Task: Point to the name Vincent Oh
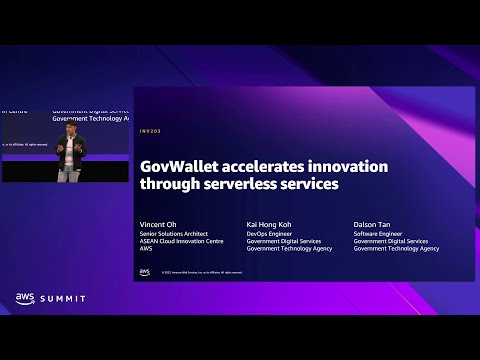pos(159,224)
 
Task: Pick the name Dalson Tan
pos(375,224)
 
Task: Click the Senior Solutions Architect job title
pos(174,233)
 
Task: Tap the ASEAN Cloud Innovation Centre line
pos(179,241)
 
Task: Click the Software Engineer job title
pos(377,233)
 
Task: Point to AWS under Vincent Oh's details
pos(146,248)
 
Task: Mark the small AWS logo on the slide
pos(145,271)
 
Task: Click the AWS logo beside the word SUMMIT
pos(26,297)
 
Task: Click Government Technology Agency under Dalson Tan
pos(396,248)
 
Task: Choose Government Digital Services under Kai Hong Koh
pos(282,241)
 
